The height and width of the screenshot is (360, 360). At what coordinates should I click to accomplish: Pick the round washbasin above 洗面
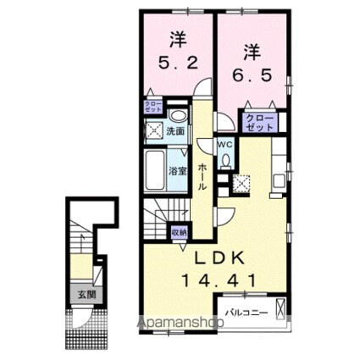[x=178, y=115]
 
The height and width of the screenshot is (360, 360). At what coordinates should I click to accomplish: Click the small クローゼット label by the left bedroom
[x=152, y=107]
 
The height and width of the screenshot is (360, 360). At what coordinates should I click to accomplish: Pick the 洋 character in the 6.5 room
[x=252, y=48]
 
